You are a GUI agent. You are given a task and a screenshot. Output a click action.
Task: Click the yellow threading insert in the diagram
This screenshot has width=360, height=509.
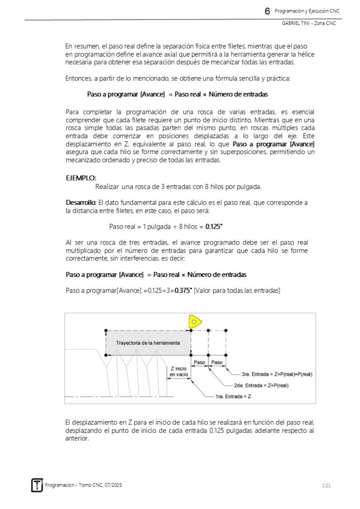[x=193, y=321]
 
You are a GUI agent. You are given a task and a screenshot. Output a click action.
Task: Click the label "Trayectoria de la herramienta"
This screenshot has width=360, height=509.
[x=148, y=343]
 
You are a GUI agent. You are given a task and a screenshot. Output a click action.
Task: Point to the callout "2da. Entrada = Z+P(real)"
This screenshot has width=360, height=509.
[x=261, y=385]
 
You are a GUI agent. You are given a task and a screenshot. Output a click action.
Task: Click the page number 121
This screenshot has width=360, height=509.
[x=326, y=485]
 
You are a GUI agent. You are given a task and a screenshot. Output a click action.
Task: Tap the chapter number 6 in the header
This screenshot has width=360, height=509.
[x=268, y=11]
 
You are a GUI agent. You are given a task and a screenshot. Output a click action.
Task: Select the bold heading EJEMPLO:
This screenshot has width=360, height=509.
[x=81, y=177]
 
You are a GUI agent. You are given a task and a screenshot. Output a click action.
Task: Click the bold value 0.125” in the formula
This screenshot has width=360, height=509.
[x=214, y=227]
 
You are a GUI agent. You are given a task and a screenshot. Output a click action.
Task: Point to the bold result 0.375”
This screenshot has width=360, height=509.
[x=183, y=290]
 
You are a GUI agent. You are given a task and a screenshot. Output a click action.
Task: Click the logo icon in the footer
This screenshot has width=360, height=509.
[x=37, y=485]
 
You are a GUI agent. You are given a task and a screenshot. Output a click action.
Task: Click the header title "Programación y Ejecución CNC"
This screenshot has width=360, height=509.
[x=307, y=11]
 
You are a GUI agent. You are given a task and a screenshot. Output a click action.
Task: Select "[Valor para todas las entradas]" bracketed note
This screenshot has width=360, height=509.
[x=237, y=290]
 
